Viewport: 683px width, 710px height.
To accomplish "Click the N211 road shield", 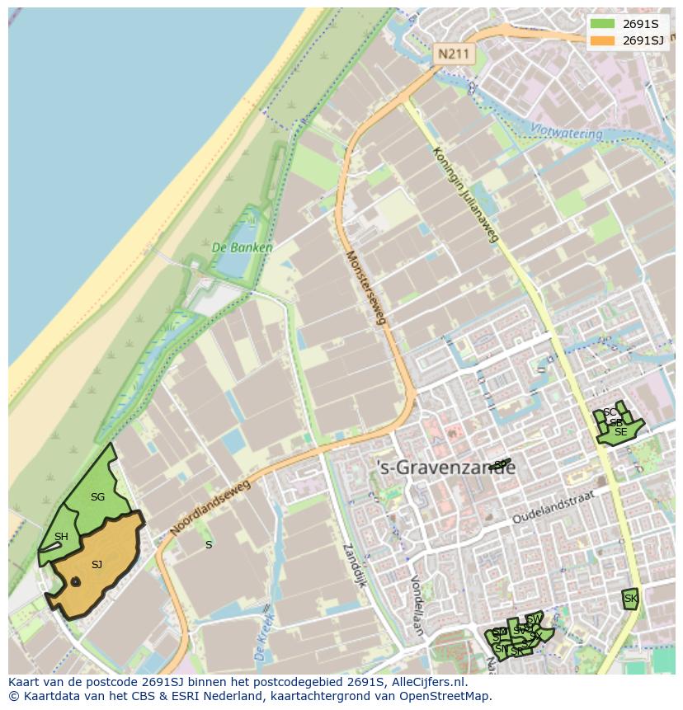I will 453,54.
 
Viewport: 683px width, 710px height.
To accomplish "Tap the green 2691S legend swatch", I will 602,23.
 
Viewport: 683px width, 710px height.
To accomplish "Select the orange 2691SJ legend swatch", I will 602,40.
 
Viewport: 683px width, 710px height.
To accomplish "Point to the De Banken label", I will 242,247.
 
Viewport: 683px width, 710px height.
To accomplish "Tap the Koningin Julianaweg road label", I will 466,195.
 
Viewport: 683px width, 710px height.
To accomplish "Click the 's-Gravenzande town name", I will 445,468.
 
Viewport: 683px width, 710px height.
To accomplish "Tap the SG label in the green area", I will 97,497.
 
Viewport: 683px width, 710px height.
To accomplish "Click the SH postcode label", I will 61,537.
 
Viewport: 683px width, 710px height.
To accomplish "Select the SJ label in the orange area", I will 97,565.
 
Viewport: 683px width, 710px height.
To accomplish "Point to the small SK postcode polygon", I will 631,599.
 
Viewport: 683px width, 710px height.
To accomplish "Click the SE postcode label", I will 620,431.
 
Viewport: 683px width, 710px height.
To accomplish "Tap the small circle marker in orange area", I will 75,582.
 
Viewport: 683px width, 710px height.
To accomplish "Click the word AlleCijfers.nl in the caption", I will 429,682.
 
